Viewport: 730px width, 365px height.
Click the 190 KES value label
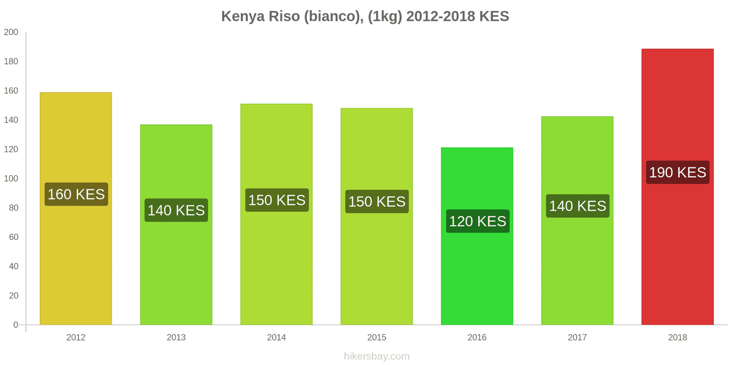pos(678,172)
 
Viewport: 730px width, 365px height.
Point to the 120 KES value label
pos(477,221)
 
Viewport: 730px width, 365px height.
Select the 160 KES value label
pos(76,194)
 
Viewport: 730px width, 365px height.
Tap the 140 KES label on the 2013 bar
pos(176,210)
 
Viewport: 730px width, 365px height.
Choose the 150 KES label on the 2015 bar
pos(377,202)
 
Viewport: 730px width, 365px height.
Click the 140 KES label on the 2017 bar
pos(577,206)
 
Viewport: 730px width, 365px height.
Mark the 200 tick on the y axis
pos(11,32)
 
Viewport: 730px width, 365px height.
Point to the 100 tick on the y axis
pos(11,178)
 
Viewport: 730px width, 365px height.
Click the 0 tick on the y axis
pos(16,325)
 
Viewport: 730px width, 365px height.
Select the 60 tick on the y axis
pos(13,237)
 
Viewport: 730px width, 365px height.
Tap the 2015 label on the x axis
pos(376,338)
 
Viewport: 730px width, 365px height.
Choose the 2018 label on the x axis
pos(677,338)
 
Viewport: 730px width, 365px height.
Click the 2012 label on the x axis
pos(76,338)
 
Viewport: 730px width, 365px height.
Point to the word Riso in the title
pos(284,16)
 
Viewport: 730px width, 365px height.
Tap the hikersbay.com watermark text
pos(376,356)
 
